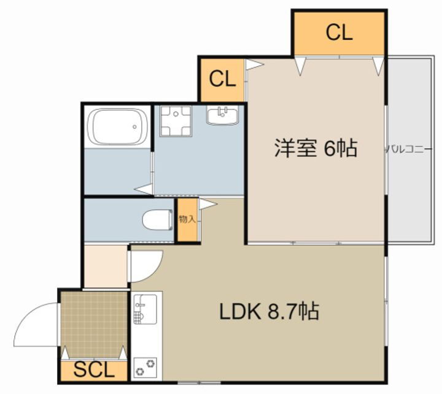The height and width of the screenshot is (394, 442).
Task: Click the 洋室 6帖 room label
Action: (315, 148)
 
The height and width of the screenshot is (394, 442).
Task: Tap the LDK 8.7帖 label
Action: (269, 312)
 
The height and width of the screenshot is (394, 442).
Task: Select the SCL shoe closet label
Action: (94, 370)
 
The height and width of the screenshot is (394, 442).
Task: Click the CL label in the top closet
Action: (339, 32)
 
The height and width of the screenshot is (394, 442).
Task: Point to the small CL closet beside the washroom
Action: (222, 79)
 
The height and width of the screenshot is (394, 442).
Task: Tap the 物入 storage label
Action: (187, 219)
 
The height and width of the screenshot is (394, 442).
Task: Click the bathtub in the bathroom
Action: (118, 127)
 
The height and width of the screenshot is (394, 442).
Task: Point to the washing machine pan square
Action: (176, 121)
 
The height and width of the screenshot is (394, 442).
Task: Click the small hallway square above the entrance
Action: (106, 265)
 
